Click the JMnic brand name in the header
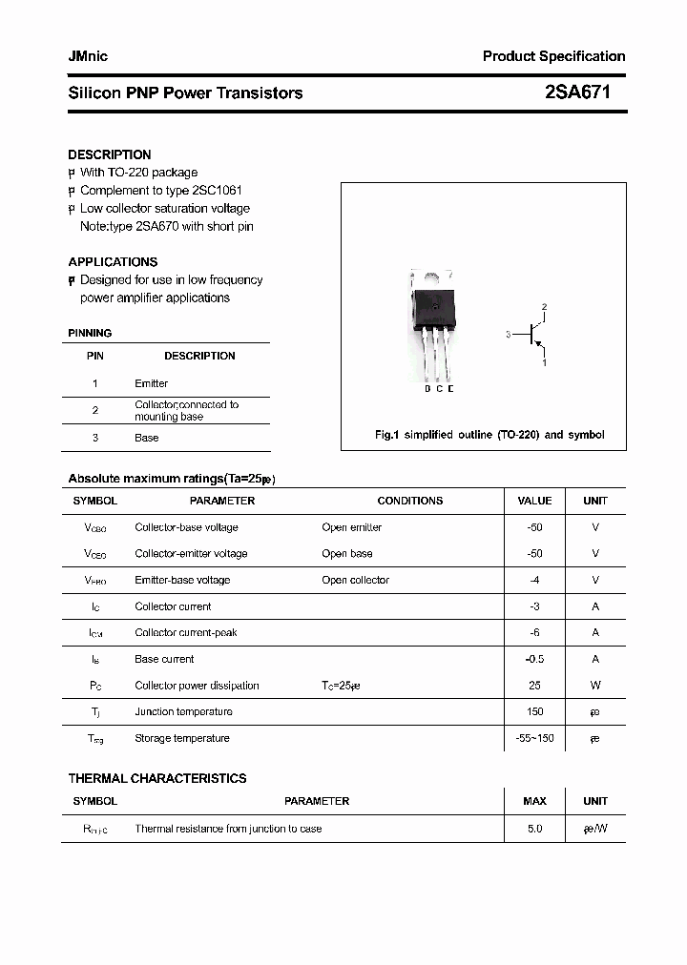click(88, 56)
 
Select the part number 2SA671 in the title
click(577, 92)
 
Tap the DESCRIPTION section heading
click(110, 154)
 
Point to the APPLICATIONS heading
click(113, 261)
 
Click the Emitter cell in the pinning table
click(151, 383)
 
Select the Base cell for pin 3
click(147, 438)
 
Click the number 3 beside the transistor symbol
click(509, 335)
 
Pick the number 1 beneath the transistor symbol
click(544, 363)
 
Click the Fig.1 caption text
click(489, 435)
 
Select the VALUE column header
click(534, 501)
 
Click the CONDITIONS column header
click(410, 501)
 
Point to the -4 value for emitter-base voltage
click(534, 580)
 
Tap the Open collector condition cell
click(356, 580)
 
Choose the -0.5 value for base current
click(534, 659)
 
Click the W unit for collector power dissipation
click(595, 686)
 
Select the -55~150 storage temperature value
click(534, 738)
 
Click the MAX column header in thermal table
click(534, 801)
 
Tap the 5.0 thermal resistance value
click(534, 829)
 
